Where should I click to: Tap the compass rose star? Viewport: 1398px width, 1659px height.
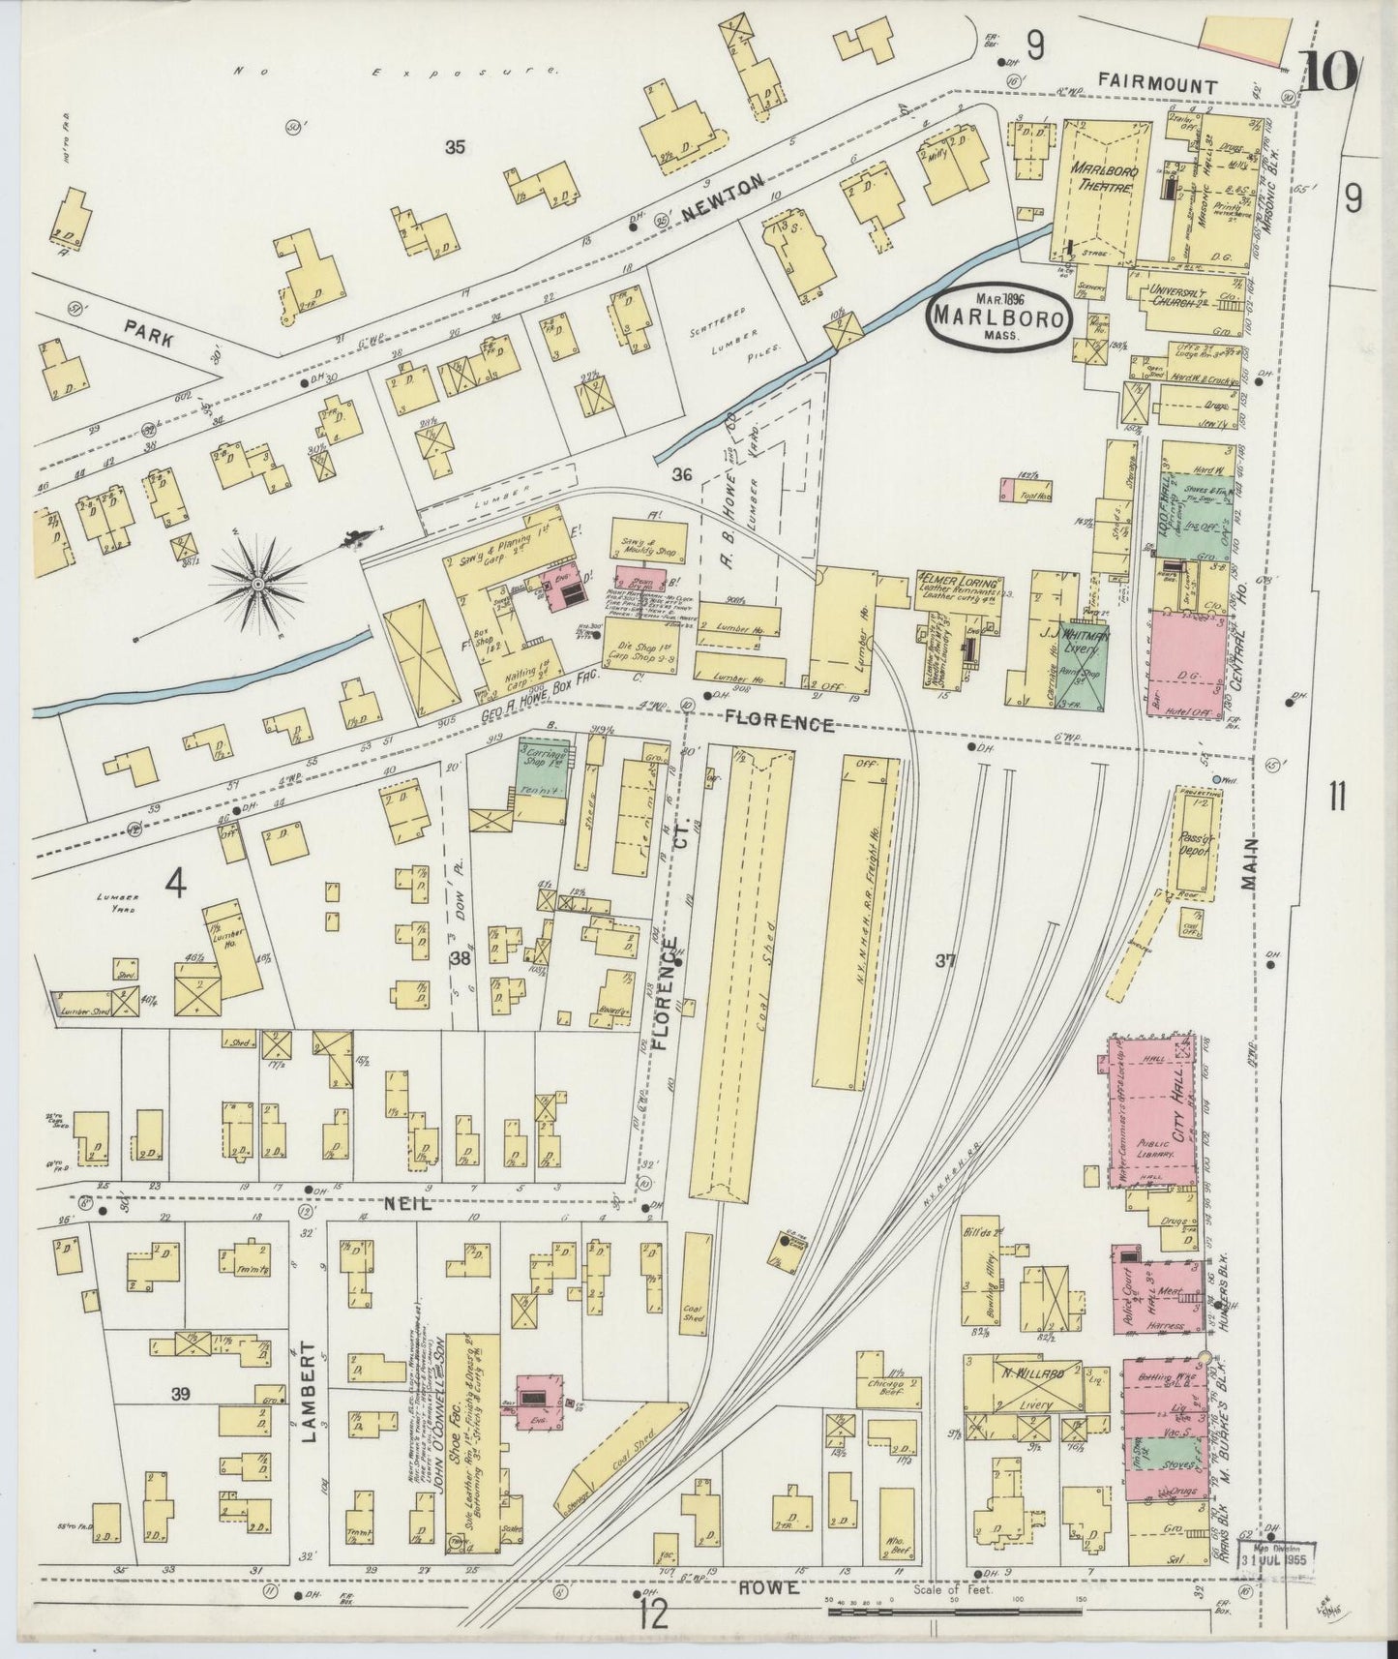pyautogui.click(x=258, y=586)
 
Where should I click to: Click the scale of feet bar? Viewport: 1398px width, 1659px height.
pyautogui.click(x=953, y=1612)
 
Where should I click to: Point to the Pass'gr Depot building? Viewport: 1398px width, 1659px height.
pyautogui.click(x=1197, y=842)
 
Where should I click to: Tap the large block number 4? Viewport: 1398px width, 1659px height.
pyautogui.click(x=175, y=882)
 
